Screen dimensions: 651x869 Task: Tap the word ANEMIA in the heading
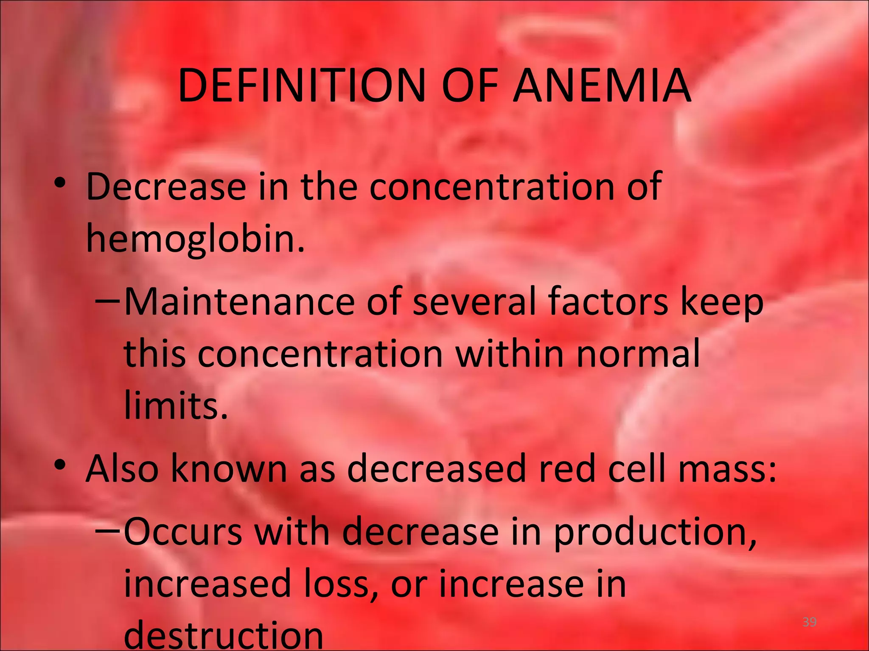click(x=602, y=86)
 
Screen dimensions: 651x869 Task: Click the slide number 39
click(x=809, y=622)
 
